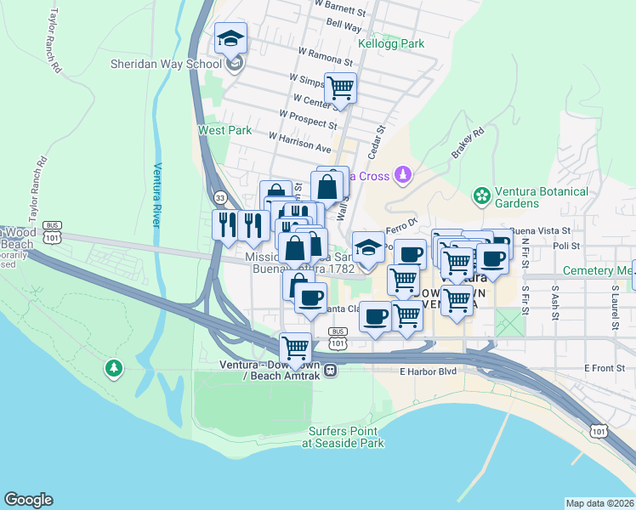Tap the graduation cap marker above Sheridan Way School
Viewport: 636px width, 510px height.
coord(230,39)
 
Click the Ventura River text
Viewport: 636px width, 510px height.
coord(157,195)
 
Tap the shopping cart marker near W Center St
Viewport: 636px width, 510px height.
coord(340,88)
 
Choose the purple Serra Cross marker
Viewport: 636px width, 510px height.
coord(405,176)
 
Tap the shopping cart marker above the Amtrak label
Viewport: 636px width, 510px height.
coord(295,348)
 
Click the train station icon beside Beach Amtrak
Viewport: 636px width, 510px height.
coord(330,370)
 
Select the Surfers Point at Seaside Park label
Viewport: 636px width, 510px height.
coord(344,436)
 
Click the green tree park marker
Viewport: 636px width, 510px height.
coord(113,368)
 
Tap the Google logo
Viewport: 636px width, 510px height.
coord(28,500)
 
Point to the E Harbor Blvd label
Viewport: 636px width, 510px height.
coord(423,371)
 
